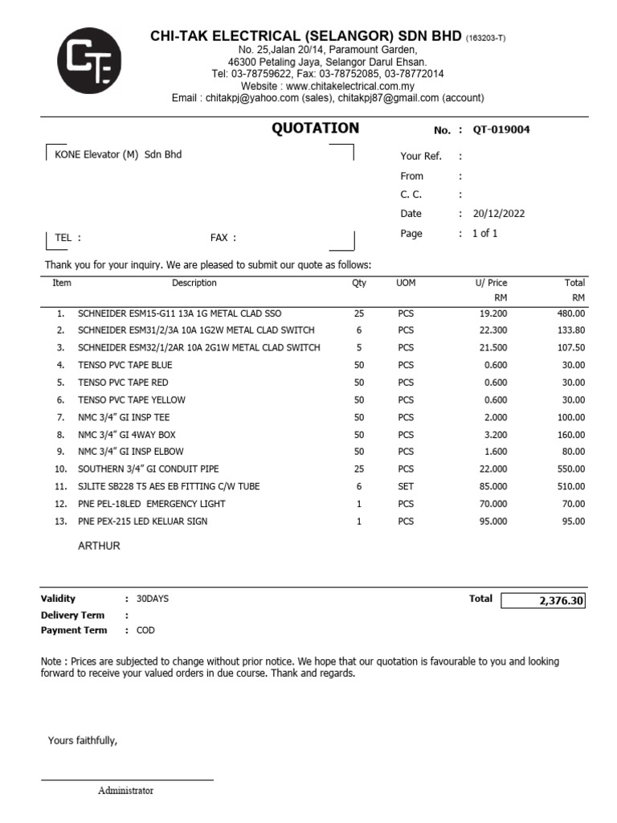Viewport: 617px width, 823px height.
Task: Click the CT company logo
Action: pyautogui.click(x=89, y=61)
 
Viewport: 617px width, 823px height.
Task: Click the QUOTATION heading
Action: pyautogui.click(x=315, y=129)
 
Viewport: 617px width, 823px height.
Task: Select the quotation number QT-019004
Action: pyautogui.click(x=501, y=130)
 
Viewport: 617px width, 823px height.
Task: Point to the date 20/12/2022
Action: pyautogui.click(x=499, y=214)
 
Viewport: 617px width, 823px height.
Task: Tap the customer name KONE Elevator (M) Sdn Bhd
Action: pyautogui.click(x=117, y=154)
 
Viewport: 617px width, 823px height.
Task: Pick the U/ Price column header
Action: pyautogui.click(x=491, y=283)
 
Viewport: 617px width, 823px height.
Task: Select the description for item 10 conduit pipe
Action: pyautogui.click(x=148, y=469)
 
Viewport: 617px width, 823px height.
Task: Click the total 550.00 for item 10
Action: pyautogui.click(x=571, y=469)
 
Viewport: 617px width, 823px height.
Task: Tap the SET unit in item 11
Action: pyautogui.click(x=406, y=486)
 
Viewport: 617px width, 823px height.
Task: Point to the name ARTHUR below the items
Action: pyautogui.click(x=99, y=546)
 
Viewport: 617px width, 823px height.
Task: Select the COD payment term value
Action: pyautogui.click(x=145, y=631)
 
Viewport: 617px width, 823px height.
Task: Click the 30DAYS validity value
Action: pyautogui.click(x=153, y=599)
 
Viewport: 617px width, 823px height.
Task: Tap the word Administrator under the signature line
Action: pyautogui.click(x=125, y=791)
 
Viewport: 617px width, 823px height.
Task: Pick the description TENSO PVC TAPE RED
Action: pyautogui.click(x=123, y=383)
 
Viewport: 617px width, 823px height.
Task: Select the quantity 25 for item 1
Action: pyautogui.click(x=359, y=313)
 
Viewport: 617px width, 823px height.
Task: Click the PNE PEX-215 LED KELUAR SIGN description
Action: pyautogui.click(x=142, y=522)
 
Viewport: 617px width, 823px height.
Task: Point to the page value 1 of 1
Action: pyautogui.click(x=485, y=234)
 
